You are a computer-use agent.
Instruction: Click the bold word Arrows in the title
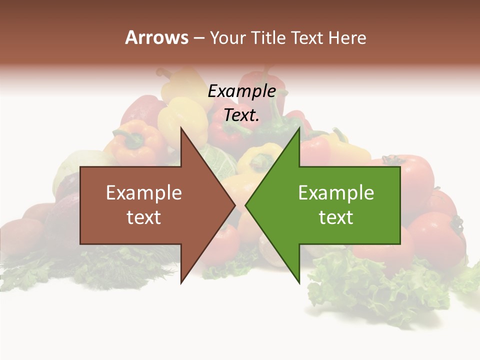156,37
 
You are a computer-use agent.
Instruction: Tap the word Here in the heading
347,37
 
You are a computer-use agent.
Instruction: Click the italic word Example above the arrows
241,91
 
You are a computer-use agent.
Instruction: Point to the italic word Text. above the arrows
241,115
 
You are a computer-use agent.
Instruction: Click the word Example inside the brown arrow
143,192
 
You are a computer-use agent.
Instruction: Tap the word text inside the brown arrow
143,217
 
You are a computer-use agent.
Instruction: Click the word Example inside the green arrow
336,192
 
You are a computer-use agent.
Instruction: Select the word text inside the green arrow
336,217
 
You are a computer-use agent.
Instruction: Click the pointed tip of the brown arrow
234,205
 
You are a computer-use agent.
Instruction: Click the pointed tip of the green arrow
246,205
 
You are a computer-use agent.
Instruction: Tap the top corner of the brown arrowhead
181,128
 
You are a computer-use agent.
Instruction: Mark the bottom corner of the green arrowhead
299,282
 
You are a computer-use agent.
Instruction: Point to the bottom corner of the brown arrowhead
181,282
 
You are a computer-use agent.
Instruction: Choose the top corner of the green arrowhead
299,128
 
